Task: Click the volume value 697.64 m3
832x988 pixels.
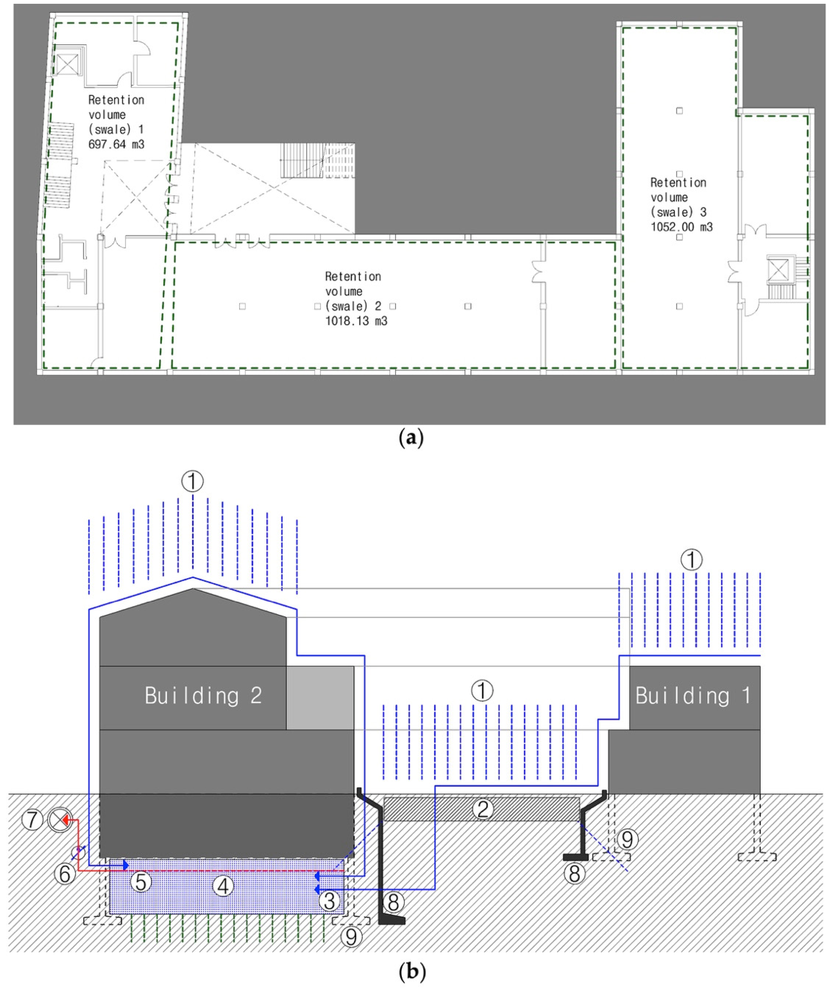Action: coord(116,144)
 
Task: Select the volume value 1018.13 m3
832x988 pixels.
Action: coord(356,321)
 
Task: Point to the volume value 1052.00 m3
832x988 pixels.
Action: coord(681,227)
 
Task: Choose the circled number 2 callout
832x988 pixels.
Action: coord(483,809)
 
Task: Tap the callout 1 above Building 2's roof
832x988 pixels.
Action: coord(192,481)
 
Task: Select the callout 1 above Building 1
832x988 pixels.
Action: coord(691,560)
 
